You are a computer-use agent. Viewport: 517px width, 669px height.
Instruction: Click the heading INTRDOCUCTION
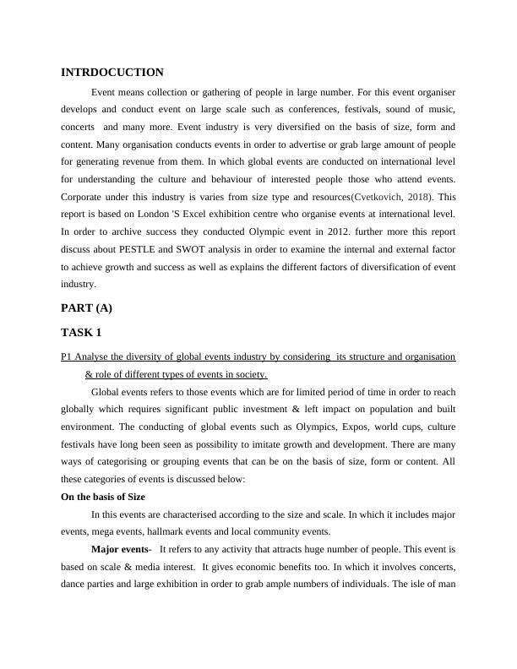(112, 73)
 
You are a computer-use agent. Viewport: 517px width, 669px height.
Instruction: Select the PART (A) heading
(86, 308)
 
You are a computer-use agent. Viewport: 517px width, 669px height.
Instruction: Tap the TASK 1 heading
(82, 333)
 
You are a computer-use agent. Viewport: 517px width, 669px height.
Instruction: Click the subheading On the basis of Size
(103, 497)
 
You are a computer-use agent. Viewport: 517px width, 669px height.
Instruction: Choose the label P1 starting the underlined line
(68, 357)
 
